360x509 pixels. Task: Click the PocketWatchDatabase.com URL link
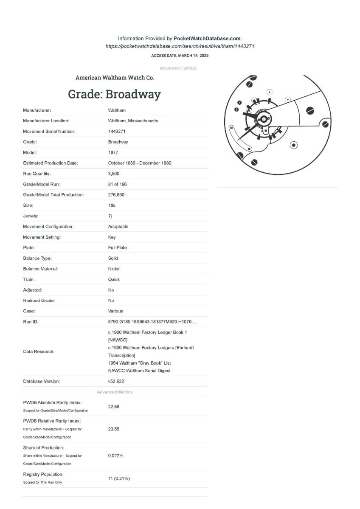pyautogui.click(x=180, y=46)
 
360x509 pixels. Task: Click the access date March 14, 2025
pyautogui.click(x=180, y=56)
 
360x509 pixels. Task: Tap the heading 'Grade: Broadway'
pyautogui.click(x=114, y=94)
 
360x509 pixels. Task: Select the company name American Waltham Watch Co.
pyautogui.click(x=115, y=78)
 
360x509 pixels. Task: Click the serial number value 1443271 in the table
pyautogui.click(x=117, y=131)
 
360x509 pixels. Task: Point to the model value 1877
pyautogui.click(x=113, y=152)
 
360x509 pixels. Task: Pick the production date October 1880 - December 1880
pyautogui.click(x=139, y=163)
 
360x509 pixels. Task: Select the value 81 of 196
pyautogui.click(x=117, y=184)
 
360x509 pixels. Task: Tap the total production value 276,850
pyautogui.click(x=116, y=195)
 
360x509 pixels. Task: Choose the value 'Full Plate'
pyautogui.click(x=117, y=247)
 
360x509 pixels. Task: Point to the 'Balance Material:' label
pyautogui.click(x=40, y=269)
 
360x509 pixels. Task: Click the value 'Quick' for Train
pyautogui.click(x=114, y=279)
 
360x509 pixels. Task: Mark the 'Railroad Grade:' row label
pyautogui.click(x=39, y=301)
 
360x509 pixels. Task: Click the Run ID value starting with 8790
pyautogui.click(x=152, y=322)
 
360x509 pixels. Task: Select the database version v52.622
pyautogui.click(x=116, y=381)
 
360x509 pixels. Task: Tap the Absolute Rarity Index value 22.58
pyautogui.click(x=114, y=406)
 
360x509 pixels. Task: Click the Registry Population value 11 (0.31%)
pyautogui.click(x=119, y=478)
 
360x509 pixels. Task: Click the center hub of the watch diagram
pyautogui.click(x=263, y=120)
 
